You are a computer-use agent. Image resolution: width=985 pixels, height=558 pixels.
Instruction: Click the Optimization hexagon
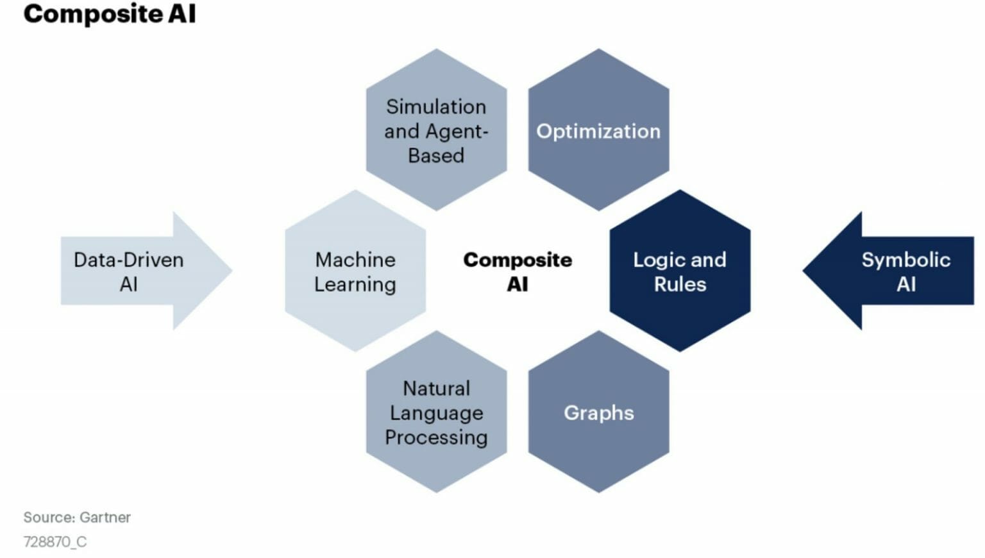pos(598,130)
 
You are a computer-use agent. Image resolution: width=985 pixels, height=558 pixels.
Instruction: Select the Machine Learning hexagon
pos(355,271)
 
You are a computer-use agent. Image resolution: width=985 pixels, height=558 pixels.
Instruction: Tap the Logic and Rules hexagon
pos(680,271)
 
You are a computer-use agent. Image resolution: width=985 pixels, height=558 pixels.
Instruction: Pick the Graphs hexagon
pos(598,412)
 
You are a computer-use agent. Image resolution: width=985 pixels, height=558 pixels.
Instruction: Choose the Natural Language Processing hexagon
pos(436,412)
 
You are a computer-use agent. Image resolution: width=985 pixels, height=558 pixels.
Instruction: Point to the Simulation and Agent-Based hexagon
pos(436,130)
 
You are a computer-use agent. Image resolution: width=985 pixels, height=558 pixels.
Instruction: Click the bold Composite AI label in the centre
pos(518,271)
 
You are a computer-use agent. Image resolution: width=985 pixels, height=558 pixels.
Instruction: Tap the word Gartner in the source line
pos(105,517)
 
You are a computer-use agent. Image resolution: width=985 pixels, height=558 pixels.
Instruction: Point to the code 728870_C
pos(55,542)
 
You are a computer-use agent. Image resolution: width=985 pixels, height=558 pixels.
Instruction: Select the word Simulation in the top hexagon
pos(436,106)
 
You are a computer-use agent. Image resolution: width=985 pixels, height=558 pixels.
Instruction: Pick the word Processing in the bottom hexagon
pos(436,437)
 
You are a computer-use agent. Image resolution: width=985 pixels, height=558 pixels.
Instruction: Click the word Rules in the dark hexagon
pos(680,284)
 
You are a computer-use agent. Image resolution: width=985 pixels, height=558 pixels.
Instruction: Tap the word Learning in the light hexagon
pos(355,284)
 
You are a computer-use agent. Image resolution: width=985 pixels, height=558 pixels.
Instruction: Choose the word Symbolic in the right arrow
pos(905,260)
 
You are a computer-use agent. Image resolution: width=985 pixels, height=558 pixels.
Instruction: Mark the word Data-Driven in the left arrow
pos(129,260)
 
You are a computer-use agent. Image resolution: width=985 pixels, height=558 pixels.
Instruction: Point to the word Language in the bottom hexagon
pos(436,413)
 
